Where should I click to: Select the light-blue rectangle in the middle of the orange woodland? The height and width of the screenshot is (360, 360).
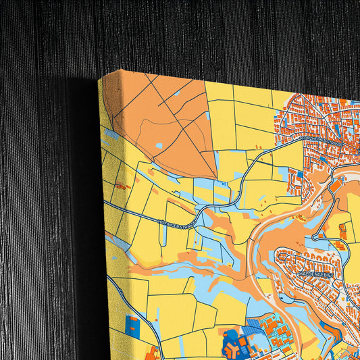pos(158,145)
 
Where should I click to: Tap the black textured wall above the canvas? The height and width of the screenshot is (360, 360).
pos(203,34)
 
